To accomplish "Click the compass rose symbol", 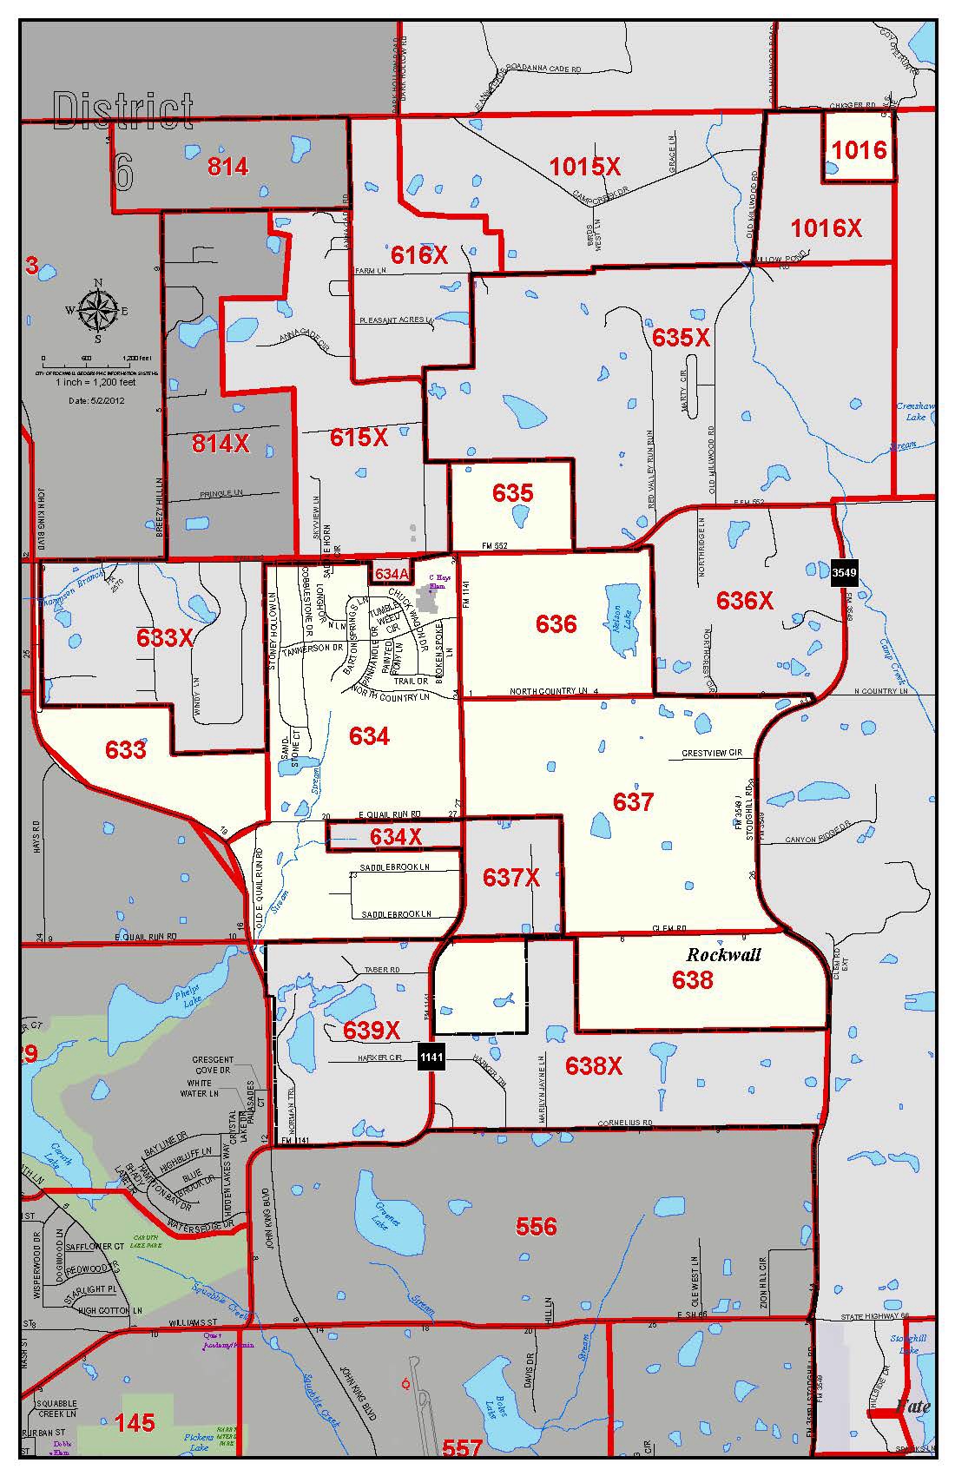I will tap(97, 311).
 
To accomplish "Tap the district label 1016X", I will tap(826, 228).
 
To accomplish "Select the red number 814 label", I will tap(227, 166).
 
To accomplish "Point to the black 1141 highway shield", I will tap(431, 1058).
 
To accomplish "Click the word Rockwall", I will tap(723, 954).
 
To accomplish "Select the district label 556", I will tap(536, 1226).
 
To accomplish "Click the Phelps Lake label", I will tap(187, 992).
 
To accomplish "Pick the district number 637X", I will tap(510, 878).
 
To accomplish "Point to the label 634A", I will tap(392, 574).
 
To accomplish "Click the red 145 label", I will tap(135, 1422).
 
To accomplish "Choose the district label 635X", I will tap(681, 337).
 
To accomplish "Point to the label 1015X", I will tap(585, 166).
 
